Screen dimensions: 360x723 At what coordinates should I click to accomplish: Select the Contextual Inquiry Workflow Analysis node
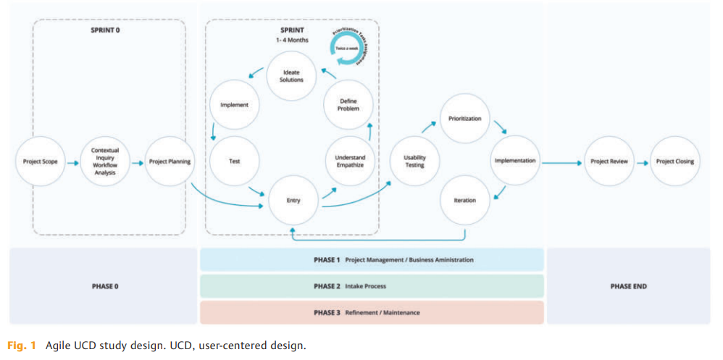[x=104, y=162]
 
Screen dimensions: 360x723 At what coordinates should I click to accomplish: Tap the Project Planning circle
[x=170, y=162]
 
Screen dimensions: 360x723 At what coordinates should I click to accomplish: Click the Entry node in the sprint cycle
[x=293, y=201]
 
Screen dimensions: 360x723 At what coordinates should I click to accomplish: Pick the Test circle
[x=234, y=162]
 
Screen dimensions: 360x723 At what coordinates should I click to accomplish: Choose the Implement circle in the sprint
[x=234, y=105]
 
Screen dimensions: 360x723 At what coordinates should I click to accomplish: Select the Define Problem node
[x=348, y=105]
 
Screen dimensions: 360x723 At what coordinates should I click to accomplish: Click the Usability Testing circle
[x=414, y=162]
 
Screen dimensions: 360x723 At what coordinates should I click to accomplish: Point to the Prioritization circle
[x=464, y=119]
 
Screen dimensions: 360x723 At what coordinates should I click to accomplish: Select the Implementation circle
[x=514, y=161]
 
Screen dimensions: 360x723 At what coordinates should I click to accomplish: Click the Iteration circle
[x=464, y=201]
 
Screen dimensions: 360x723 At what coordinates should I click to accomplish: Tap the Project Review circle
[x=609, y=162]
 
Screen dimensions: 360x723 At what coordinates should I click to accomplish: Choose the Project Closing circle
[x=674, y=162]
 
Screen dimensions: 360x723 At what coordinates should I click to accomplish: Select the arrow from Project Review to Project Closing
[x=642, y=162]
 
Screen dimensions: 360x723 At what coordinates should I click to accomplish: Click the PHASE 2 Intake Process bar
[x=371, y=286]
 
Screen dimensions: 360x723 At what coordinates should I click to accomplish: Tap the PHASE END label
[x=628, y=286]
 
